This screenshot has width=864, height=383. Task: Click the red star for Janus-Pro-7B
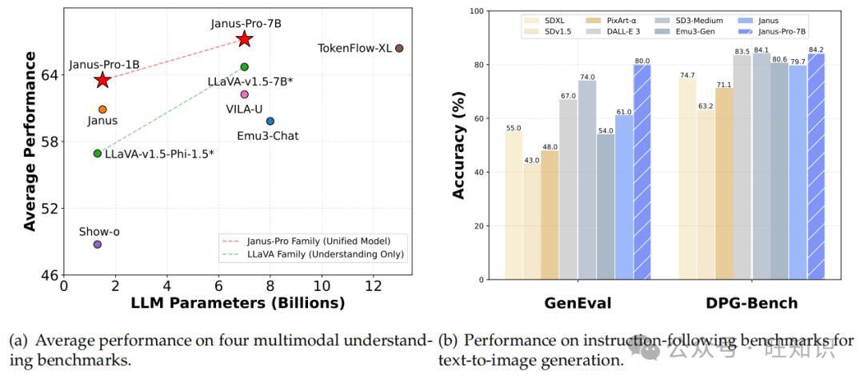click(245, 38)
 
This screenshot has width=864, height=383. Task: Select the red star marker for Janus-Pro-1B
click(102, 80)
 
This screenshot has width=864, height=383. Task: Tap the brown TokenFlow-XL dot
click(399, 49)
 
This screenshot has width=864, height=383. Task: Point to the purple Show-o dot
click(98, 244)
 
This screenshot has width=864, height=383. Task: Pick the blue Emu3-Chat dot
click(270, 122)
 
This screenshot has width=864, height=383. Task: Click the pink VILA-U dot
click(245, 94)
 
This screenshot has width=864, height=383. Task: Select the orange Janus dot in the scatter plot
click(102, 110)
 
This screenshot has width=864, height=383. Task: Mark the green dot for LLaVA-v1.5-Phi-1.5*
click(98, 154)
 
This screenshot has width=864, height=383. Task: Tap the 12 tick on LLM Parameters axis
click(373, 286)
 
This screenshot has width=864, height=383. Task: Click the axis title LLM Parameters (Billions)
click(238, 304)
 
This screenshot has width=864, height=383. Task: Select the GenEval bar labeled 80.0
click(642, 172)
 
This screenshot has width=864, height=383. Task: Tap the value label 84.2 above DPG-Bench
click(817, 50)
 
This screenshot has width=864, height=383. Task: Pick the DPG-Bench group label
click(751, 303)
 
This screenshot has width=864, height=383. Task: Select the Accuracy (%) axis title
click(460, 146)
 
